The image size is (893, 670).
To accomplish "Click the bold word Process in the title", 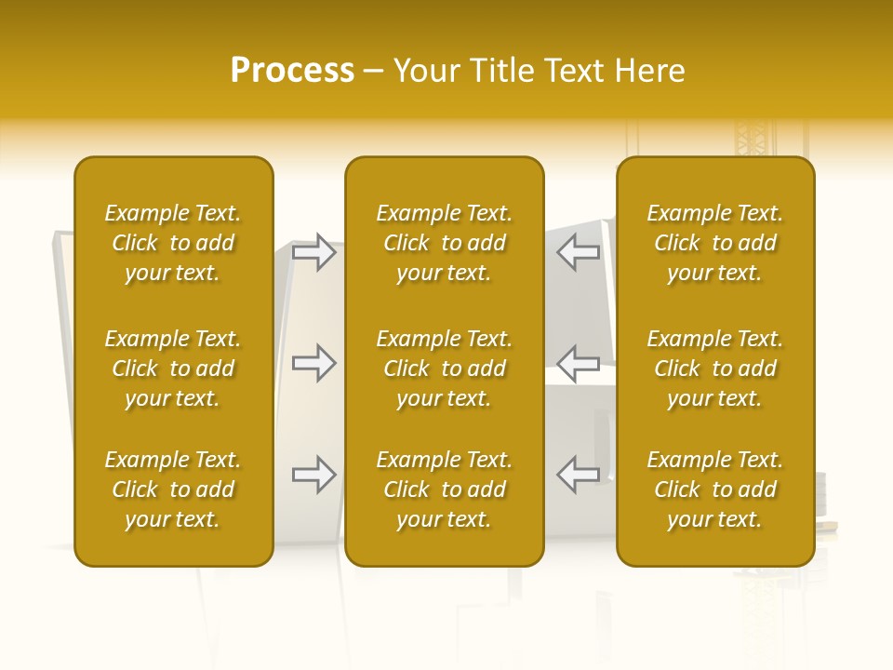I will click(292, 71).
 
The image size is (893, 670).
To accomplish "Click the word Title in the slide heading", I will click(504, 71).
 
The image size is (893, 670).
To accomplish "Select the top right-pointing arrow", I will click(313, 252).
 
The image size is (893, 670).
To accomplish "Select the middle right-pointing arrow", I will click(313, 363).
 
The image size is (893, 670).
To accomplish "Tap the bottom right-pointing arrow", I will click(313, 475).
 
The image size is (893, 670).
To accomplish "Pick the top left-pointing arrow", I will click(579, 252).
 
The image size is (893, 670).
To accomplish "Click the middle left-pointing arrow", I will click(579, 363).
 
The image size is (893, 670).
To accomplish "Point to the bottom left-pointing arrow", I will click(579, 475).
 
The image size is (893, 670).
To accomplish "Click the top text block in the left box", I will click(173, 243).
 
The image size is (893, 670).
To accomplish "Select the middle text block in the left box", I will click(173, 368).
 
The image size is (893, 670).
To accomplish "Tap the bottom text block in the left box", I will click(173, 489).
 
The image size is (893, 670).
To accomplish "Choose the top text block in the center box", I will click(444, 243).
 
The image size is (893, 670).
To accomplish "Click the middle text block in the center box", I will click(444, 368).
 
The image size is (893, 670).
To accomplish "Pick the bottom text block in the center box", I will click(444, 489).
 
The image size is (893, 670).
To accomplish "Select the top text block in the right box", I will click(714, 243).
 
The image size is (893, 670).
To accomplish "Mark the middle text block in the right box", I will click(714, 368).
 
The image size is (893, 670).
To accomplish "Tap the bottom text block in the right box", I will click(714, 489).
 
